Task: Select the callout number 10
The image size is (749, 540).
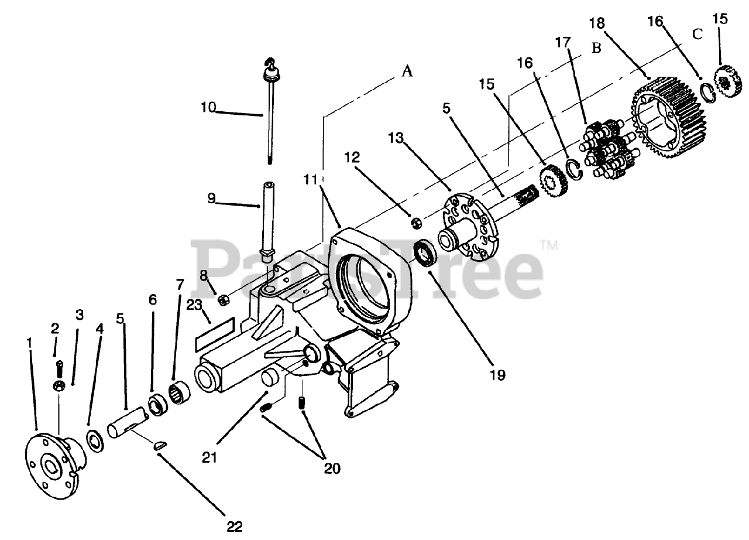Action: [208, 108]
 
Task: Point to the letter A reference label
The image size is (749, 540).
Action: [407, 71]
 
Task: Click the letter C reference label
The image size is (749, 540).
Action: [697, 35]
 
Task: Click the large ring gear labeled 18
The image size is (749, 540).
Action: [670, 117]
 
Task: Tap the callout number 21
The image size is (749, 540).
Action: [209, 456]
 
